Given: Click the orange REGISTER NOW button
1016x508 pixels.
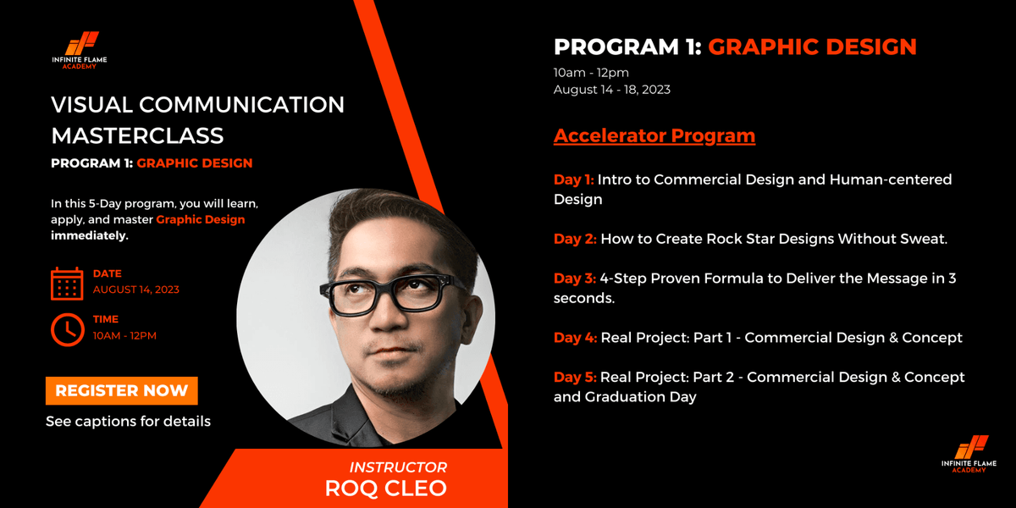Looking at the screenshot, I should (x=121, y=390).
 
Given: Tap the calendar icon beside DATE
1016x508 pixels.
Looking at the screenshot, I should (x=67, y=284).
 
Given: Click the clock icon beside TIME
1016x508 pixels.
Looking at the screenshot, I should (x=67, y=329).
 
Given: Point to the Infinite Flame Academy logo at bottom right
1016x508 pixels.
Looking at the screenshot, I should (x=969, y=454).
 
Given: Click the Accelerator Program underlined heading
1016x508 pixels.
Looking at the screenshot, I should (x=654, y=135).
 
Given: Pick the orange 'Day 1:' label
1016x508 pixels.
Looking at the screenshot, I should (x=574, y=179).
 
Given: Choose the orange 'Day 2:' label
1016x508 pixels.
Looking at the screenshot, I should (x=575, y=239).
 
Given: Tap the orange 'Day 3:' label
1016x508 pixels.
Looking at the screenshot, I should (x=575, y=279).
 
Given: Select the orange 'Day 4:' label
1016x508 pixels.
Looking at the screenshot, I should (x=575, y=338).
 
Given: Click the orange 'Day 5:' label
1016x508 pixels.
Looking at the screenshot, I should (x=575, y=377).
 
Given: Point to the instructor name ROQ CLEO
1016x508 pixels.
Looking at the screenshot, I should (x=385, y=488).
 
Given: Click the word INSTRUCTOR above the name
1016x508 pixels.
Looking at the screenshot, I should (x=398, y=467).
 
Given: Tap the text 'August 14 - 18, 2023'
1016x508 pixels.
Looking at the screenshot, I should (x=611, y=89).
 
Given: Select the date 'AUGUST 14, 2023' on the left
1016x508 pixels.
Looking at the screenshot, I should (x=135, y=290).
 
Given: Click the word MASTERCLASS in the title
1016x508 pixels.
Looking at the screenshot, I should (x=137, y=135).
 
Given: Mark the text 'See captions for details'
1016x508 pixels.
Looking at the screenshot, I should (x=128, y=421).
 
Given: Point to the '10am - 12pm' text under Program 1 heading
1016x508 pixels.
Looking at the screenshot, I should (x=591, y=72).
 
